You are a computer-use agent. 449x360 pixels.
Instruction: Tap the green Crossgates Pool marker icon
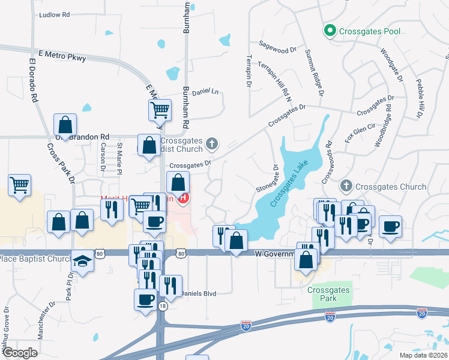click(x=330, y=30)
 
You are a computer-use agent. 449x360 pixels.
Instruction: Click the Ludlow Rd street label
click(x=55, y=14)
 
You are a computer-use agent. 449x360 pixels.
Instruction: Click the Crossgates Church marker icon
click(x=345, y=187)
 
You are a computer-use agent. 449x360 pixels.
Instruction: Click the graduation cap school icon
click(x=82, y=261)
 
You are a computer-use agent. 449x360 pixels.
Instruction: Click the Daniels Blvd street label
click(x=197, y=293)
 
